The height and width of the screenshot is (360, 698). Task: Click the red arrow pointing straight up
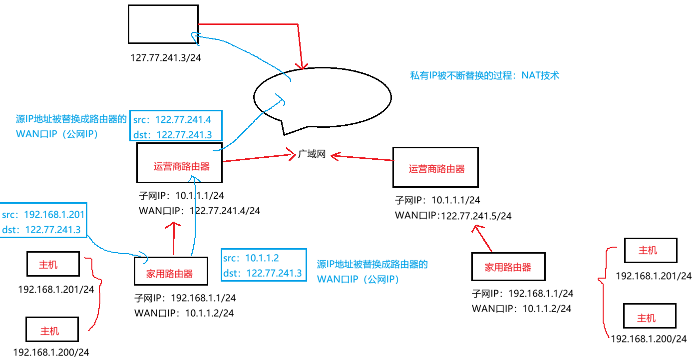(x=174, y=238)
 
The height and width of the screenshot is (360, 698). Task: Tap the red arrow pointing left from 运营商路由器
(x=362, y=158)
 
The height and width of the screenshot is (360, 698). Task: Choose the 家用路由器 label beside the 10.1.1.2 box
(x=169, y=274)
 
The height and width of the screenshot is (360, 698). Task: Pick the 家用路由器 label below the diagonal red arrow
(x=508, y=267)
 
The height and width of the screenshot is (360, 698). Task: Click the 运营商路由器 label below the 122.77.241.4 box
(x=181, y=167)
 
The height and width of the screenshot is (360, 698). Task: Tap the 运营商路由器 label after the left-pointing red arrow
(x=436, y=169)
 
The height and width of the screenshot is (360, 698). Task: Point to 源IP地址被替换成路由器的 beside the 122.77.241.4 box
(x=71, y=119)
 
